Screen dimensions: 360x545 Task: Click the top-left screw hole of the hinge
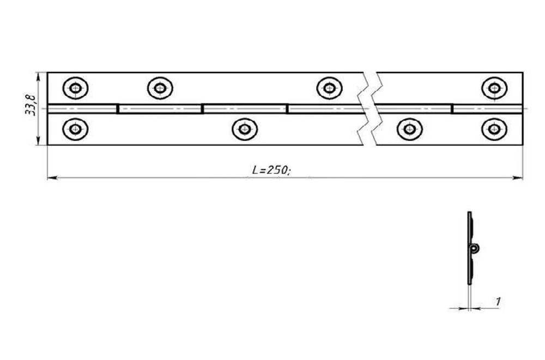click(x=75, y=87)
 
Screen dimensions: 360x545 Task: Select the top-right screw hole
click(x=494, y=87)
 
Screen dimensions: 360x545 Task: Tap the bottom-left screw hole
click(x=75, y=129)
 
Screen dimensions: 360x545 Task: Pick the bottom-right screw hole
click(x=494, y=129)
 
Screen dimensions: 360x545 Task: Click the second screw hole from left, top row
click(x=160, y=87)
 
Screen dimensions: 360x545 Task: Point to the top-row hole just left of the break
click(x=329, y=87)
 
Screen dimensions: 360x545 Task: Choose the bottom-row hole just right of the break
click(x=409, y=129)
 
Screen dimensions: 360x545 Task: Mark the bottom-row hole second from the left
click(x=245, y=129)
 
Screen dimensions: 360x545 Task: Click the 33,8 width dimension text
click(x=31, y=105)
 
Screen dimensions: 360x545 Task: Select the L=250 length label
click(x=271, y=170)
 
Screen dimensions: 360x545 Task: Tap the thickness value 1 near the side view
click(x=498, y=300)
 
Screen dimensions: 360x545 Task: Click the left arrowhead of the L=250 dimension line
click(x=51, y=178)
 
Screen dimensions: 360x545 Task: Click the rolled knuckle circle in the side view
click(x=475, y=249)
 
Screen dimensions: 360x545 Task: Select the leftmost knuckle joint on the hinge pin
click(x=117, y=109)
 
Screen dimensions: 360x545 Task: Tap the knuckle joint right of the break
click(x=452, y=109)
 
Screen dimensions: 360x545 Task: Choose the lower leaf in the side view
click(x=470, y=270)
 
